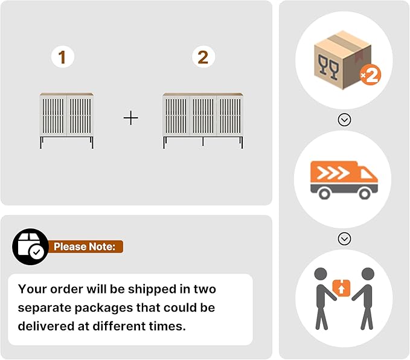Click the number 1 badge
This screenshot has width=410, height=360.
[63, 57]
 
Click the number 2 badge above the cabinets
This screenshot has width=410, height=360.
[203, 57]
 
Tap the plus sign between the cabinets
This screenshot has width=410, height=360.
[131, 118]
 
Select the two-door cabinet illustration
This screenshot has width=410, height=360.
[66, 120]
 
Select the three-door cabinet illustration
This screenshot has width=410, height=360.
[203, 120]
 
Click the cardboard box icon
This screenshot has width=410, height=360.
[342, 60]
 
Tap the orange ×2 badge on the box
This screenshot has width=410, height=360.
[370, 76]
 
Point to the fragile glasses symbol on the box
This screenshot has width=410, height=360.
[328, 66]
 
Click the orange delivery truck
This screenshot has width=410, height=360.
[344, 180]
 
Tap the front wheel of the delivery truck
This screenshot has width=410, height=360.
[365, 194]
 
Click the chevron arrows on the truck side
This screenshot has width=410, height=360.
[333, 173]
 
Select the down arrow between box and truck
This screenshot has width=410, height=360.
[344, 120]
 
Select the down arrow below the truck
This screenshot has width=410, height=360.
[344, 239]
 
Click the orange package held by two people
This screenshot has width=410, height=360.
[341, 288]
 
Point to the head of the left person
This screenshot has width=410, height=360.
[321, 274]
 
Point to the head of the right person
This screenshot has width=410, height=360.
[368, 274]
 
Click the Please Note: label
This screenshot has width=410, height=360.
[85, 246]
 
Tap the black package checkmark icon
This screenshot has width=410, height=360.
[31, 246]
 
